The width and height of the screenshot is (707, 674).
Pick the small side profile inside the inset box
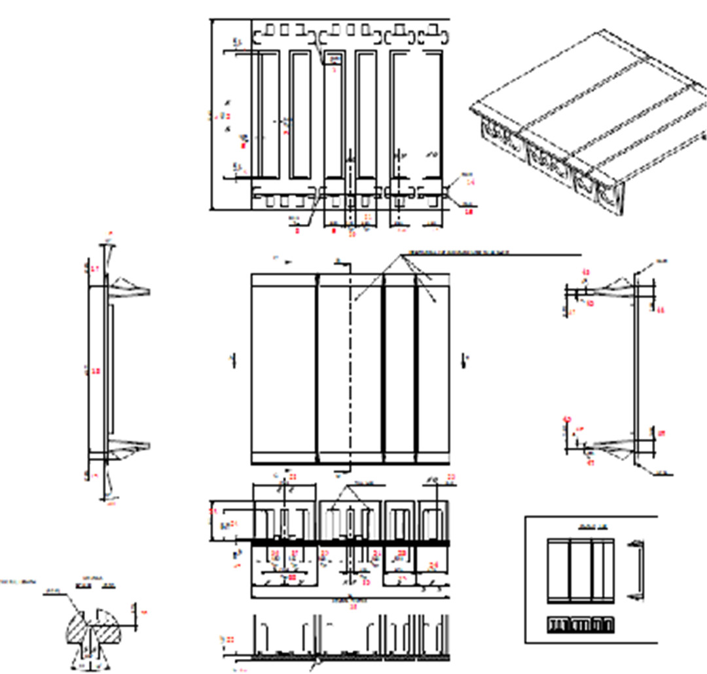tap(634, 570)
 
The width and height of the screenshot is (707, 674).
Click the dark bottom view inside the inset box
tap(581, 626)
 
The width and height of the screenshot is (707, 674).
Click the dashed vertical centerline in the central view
tap(351, 367)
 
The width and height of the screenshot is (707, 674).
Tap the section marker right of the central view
tap(464, 360)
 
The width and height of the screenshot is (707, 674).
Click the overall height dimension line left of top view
tap(211, 115)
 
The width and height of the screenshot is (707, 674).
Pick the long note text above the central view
tap(458, 253)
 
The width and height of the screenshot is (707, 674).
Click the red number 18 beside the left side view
tap(96, 371)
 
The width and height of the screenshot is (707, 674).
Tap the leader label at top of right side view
tap(661, 261)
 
